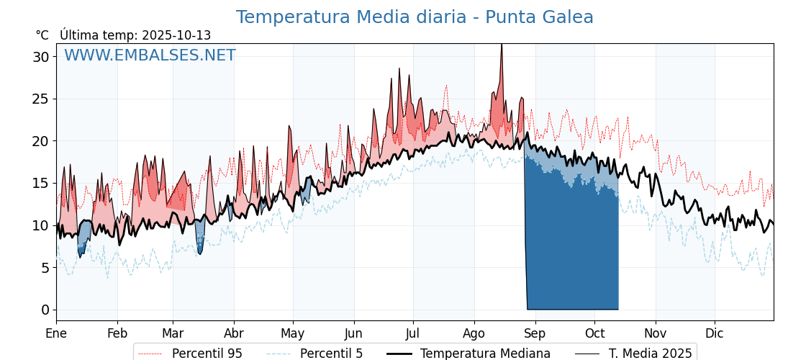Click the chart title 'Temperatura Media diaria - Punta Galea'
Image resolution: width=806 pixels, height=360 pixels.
pyautogui.click(x=415, y=17)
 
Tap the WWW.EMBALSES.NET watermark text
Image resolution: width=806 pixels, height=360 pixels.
pyautogui.click(x=150, y=55)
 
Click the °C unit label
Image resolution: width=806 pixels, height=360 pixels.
pyautogui.click(x=42, y=35)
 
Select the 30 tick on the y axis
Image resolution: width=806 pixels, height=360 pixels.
pyautogui.click(x=40, y=57)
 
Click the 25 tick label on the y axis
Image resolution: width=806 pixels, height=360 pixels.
pyautogui.click(x=40, y=99)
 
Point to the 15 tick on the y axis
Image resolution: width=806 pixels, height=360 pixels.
pyautogui.click(x=40, y=183)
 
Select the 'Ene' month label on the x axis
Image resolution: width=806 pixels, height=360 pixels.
pyautogui.click(x=56, y=333)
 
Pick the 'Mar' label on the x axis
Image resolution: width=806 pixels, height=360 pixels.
pyautogui.click(x=173, y=333)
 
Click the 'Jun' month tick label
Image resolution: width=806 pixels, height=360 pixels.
pyautogui.click(x=353, y=333)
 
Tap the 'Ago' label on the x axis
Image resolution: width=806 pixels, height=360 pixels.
pyautogui.click(x=474, y=333)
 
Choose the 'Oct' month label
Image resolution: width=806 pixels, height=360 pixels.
pyautogui.click(x=594, y=333)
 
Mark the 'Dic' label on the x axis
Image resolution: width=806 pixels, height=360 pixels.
pyautogui.click(x=715, y=333)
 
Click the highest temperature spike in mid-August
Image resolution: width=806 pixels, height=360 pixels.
pyautogui.click(x=502, y=45)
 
